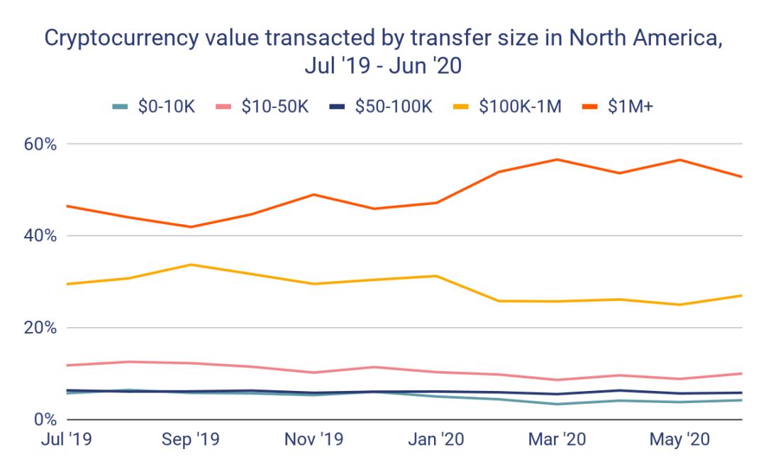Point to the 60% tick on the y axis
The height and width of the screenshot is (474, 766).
tap(42, 144)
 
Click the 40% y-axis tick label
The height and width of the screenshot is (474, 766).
tap(42, 236)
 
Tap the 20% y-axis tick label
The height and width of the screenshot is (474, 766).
tap(42, 327)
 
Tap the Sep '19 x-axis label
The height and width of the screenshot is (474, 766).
tap(189, 441)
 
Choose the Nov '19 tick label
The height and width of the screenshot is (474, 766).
tap(313, 441)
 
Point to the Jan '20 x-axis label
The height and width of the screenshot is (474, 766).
tap(435, 441)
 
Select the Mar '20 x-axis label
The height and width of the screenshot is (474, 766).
tap(558, 441)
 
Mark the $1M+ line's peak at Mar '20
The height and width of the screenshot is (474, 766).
tap(558, 159)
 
